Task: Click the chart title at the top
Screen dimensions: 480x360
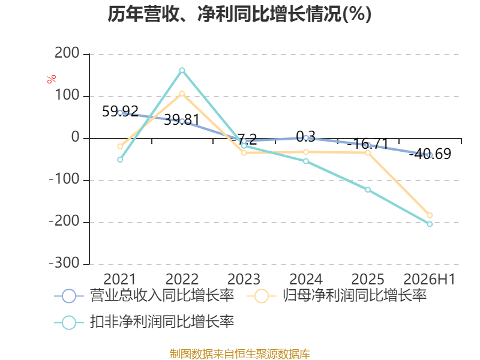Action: pos(239,14)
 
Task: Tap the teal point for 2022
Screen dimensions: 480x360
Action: pos(182,70)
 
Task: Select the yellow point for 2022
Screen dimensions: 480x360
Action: pos(182,94)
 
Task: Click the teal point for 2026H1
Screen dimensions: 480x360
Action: pos(430,224)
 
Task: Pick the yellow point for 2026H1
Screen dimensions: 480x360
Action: pos(430,215)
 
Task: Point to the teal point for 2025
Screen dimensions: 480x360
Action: pos(368,190)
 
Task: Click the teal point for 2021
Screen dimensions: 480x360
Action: pos(120,160)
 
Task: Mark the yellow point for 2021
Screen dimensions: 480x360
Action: pos(120,146)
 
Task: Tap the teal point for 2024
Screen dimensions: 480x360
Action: pos(306,161)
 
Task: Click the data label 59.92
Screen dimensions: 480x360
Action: pos(120,112)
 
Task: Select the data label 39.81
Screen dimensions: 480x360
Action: pos(182,119)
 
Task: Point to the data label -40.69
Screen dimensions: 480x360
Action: pos(430,154)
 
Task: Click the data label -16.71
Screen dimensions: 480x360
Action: pos(368,144)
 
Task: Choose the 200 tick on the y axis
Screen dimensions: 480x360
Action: pos(67,53)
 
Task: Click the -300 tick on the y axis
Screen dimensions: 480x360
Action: pos(64,263)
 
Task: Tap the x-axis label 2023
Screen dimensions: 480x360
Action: pos(244,279)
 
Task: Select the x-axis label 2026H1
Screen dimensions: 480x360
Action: pos(430,279)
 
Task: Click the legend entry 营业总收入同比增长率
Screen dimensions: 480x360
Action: pos(145,296)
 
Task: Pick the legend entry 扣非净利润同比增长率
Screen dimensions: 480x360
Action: pos(145,322)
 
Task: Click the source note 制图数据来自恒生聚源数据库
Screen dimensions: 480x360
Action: pos(239,354)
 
